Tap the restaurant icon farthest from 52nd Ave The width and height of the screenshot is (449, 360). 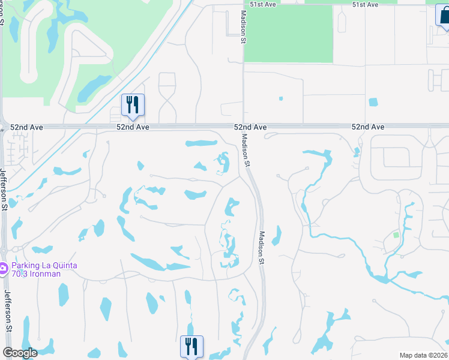coord(191,346)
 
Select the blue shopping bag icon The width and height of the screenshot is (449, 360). coord(444,15)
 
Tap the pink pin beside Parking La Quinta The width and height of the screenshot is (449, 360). coord(4,268)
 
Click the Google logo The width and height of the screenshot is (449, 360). coord(20,352)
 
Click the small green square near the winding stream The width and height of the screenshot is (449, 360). coord(396,235)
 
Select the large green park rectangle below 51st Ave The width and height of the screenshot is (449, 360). coord(288,33)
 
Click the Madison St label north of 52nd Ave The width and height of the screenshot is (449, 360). coord(244,26)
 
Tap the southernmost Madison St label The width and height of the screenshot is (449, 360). coord(261,247)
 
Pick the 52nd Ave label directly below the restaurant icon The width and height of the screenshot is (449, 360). coord(132,127)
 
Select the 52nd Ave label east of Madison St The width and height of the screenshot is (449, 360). coord(367,127)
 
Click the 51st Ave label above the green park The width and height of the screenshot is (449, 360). coord(263,4)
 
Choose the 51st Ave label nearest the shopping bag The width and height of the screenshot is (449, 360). coord(365,4)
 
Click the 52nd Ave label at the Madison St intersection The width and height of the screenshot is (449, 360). coord(250,127)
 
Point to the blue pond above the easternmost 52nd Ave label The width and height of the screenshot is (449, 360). coord(373,101)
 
